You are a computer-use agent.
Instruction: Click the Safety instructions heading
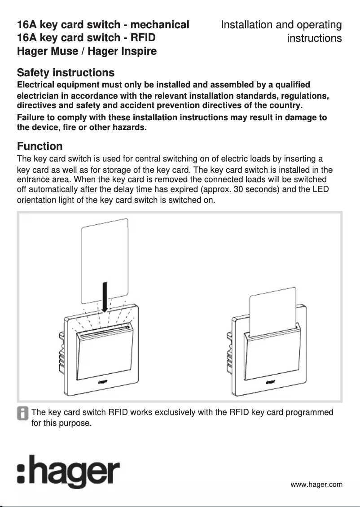(x=66, y=73)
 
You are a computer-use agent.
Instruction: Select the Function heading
(x=40, y=146)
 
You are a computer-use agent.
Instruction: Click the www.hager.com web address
(x=316, y=484)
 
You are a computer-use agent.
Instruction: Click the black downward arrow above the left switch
(x=105, y=297)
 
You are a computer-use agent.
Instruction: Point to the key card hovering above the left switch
(x=105, y=260)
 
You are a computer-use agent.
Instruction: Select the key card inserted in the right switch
(x=273, y=310)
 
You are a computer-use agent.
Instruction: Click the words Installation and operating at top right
(x=281, y=25)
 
